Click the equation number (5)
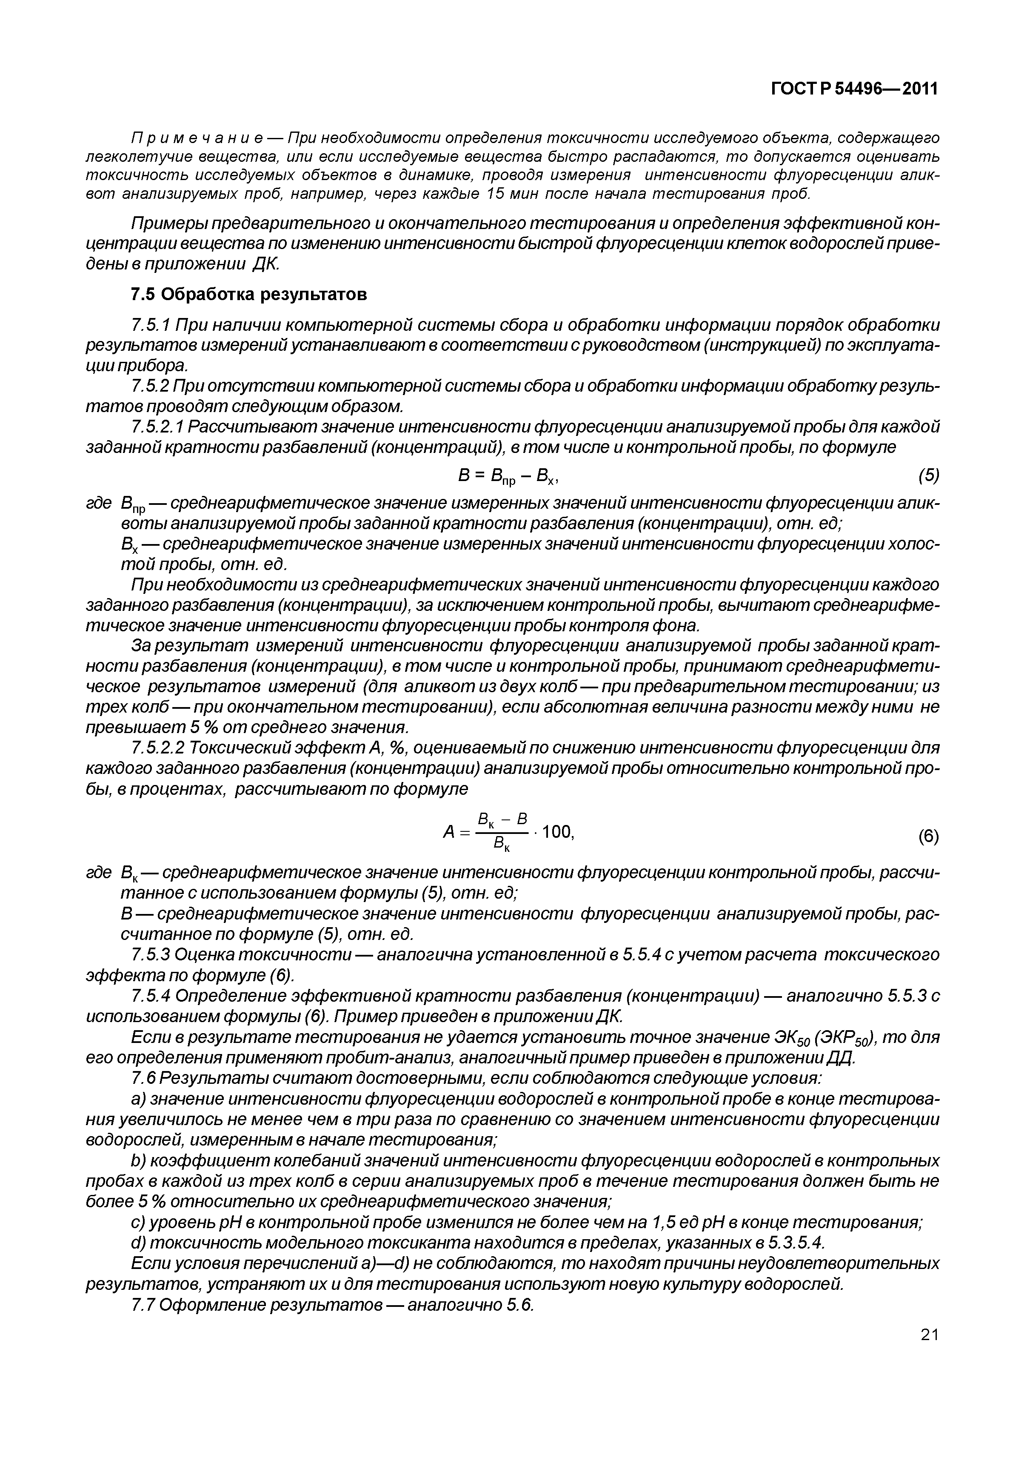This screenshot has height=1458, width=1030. (928, 475)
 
